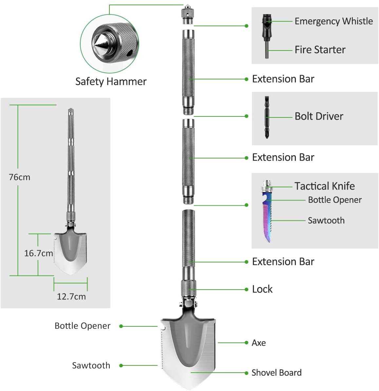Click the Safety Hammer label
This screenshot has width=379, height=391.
pos(111,81)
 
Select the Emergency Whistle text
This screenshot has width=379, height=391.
pos(333,21)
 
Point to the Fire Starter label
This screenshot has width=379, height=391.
pos(320,50)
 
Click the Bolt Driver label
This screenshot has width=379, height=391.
pos(319,116)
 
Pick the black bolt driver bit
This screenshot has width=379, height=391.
pos(267,117)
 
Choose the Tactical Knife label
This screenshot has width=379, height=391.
pos(324,186)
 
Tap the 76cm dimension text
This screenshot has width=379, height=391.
pos(20,177)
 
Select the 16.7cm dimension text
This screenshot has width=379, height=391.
pos(38,253)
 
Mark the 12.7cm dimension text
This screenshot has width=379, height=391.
pos(71,297)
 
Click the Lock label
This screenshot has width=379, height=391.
pos(262,289)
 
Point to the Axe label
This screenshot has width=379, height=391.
pos(258,343)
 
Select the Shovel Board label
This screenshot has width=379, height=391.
pos(276,373)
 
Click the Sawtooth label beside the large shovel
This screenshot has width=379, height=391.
pos(91,365)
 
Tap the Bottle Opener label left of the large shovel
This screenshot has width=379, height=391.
pos(83,326)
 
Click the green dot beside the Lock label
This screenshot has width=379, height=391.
pos(246,289)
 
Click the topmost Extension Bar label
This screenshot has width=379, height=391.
pos(283,79)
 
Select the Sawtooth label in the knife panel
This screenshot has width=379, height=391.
pos(326,220)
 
